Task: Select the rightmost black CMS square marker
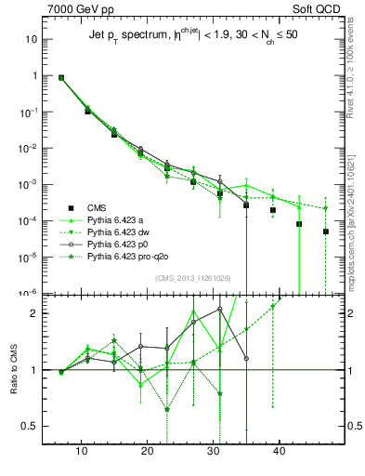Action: pyautogui.click(x=326, y=231)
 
